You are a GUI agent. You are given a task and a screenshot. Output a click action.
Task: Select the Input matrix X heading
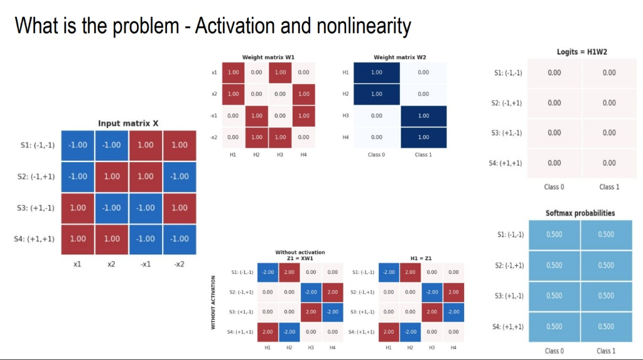(128, 123)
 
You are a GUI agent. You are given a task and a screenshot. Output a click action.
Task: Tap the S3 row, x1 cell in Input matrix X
(78, 208)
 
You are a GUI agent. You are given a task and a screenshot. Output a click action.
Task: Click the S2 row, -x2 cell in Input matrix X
(180, 177)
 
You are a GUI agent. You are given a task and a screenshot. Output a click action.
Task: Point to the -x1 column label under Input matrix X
(145, 265)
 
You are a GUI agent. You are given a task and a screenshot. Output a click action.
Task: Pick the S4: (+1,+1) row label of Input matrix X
(34, 239)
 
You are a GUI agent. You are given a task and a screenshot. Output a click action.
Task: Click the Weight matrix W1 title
(268, 57)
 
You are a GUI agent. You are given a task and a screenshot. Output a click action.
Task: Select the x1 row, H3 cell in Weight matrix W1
(280, 73)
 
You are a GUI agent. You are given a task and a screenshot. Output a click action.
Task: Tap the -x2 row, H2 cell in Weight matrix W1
(257, 138)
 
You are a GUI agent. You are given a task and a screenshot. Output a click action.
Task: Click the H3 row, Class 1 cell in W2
(424, 116)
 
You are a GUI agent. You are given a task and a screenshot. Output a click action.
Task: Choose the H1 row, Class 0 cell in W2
(377, 73)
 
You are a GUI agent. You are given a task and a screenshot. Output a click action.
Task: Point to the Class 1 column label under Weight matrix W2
(423, 155)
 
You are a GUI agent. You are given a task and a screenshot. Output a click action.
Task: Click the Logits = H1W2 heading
(582, 52)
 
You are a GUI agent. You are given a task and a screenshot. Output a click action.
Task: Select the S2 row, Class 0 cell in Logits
(554, 103)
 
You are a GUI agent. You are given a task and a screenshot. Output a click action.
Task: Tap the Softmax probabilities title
(580, 213)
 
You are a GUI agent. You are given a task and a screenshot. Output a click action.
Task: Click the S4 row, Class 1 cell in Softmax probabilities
(606, 327)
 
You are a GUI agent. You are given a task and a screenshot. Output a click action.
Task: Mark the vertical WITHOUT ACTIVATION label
(213, 302)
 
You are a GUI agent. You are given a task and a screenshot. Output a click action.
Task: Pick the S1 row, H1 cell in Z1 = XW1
(267, 272)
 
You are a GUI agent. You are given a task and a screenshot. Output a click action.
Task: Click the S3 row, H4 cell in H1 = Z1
(453, 312)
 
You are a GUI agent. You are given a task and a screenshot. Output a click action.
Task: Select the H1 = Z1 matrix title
(421, 258)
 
